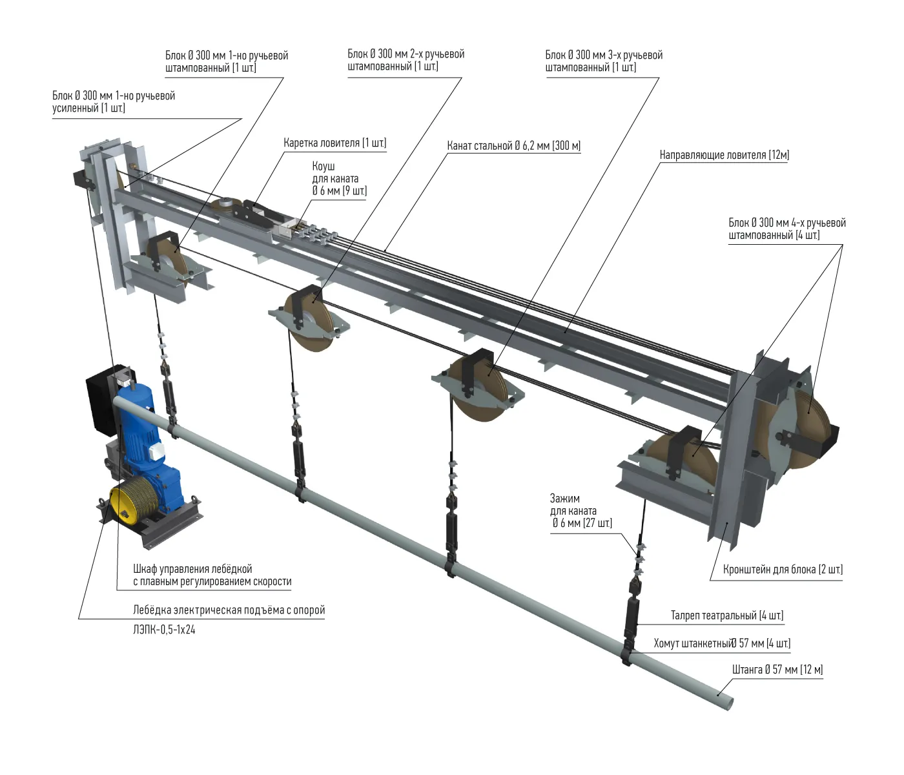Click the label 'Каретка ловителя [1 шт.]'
point(335,143)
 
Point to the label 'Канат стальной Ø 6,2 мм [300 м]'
point(514,146)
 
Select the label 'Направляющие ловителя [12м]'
point(724,155)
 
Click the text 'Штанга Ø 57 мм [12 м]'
point(777,670)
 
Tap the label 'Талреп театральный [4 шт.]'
point(727,615)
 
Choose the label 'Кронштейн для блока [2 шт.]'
point(783,570)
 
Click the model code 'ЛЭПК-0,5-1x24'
point(164,630)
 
